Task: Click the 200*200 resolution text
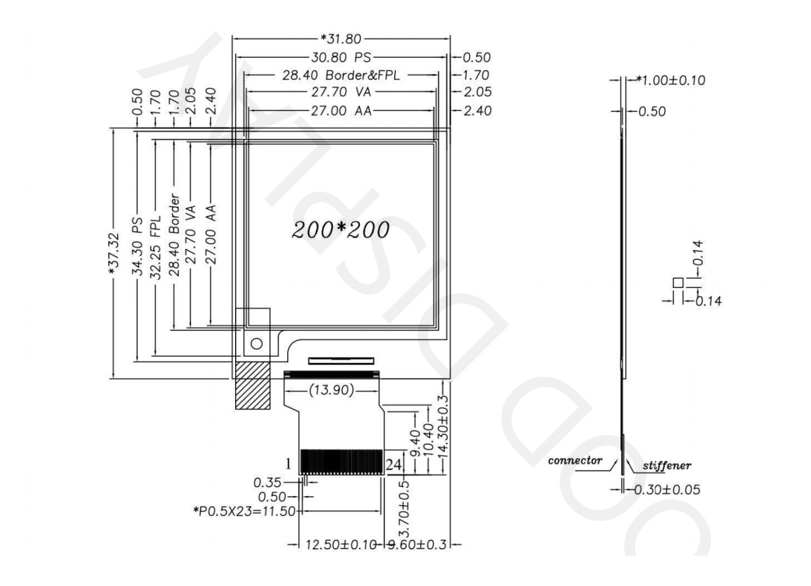pyautogui.click(x=340, y=230)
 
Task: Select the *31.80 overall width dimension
pyautogui.click(x=341, y=39)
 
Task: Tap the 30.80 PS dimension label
pyautogui.click(x=341, y=57)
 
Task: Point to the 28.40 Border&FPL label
pyautogui.click(x=341, y=75)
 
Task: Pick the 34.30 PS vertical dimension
pyautogui.click(x=137, y=246)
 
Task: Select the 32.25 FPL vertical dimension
pyautogui.click(x=156, y=248)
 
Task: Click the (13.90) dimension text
pyautogui.click(x=331, y=390)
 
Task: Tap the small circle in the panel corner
pyautogui.click(x=256, y=344)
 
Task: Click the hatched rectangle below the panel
pyautogui.click(x=253, y=386)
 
